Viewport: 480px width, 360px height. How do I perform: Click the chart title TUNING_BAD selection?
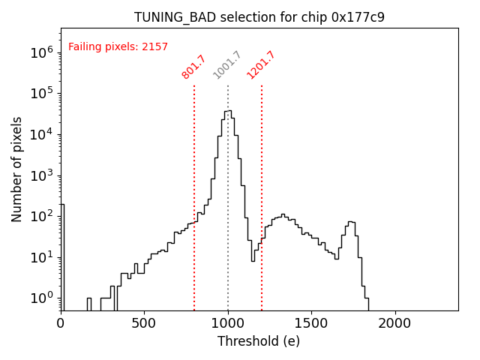click(x=259, y=17)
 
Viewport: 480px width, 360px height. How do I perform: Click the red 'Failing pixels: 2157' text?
click(x=118, y=46)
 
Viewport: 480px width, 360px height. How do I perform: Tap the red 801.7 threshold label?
click(x=193, y=67)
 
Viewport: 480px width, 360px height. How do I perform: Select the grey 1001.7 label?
click(x=227, y=65)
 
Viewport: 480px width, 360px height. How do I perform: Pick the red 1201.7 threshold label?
click(x=261, y=65)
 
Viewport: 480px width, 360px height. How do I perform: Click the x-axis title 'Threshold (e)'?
click(x=259, y=341)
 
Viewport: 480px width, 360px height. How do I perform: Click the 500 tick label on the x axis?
click(x=144, y=323)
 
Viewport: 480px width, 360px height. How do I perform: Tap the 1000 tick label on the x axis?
click(x=227, y=323)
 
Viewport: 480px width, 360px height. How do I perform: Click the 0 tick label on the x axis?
click(x=61, y=323)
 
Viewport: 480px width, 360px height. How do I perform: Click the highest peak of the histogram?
click(x=227, y=111)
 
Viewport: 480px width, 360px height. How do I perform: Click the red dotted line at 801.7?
click(x=194, y=187)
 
